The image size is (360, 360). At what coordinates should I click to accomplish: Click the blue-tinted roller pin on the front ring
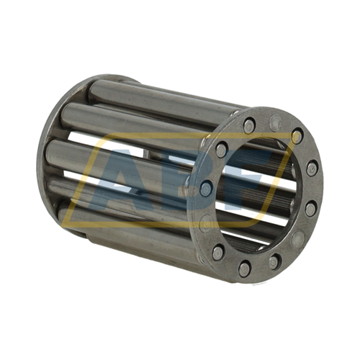206,187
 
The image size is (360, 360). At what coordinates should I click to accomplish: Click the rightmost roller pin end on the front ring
312,166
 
